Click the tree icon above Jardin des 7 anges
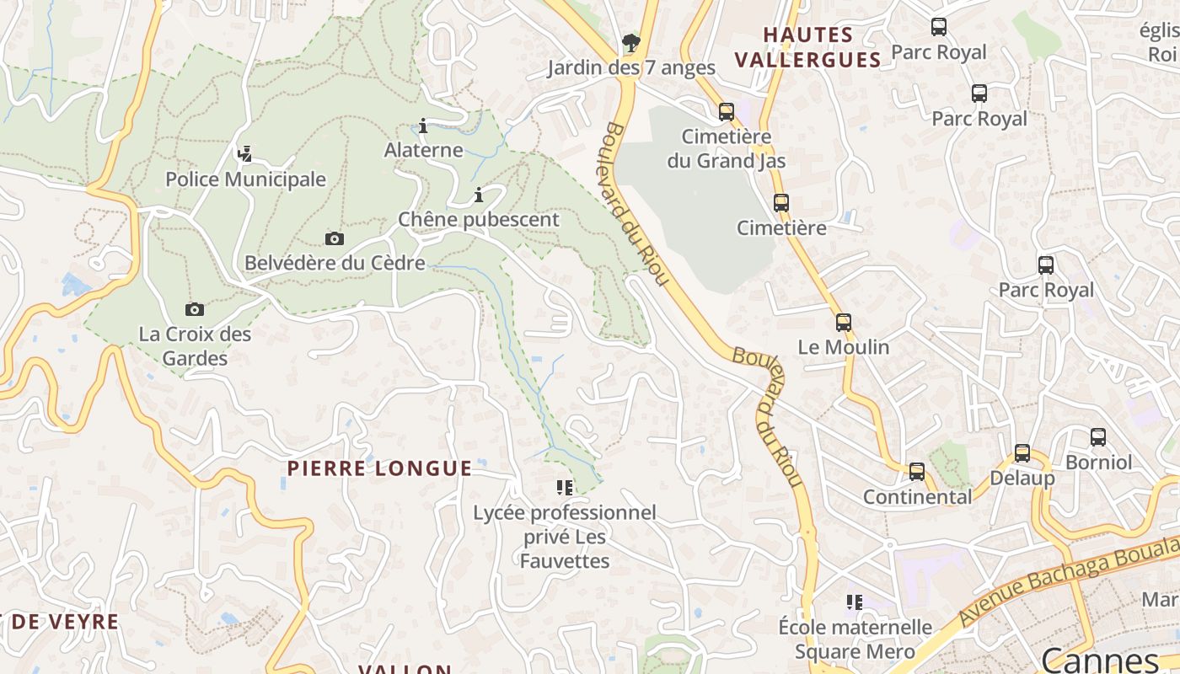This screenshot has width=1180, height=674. click(x=630, y=42)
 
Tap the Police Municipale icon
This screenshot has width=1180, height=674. click(x=244, y=154)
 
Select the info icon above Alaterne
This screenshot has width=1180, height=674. click(x=423, y=126)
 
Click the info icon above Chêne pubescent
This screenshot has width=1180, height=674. click(x=479, y=195)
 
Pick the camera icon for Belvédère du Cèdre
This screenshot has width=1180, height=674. click(x=335, y=239)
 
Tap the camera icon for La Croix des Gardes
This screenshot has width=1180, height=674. click(x=195, y=310)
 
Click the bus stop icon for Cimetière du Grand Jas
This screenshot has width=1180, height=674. click(x=726, y=111)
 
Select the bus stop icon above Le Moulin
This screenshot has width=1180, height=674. click(x=843, y=322)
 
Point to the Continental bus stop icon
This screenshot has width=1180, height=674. click(x=917, y=472)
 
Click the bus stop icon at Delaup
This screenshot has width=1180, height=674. click(x=1022, y=453)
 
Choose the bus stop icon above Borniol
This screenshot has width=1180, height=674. click(x=1098, y=437)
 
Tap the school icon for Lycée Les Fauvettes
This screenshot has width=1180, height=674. click(x=565, y=487)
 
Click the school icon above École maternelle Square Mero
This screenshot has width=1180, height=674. click(x=855, y=602)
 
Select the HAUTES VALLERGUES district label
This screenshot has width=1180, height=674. click(x=807, y=47)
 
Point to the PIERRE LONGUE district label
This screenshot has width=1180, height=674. click(x=379, y=468)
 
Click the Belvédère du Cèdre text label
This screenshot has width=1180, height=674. click(x=335, y=263)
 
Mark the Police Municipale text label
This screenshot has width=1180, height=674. click(x=245, y=179)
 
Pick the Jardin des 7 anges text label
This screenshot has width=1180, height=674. click(x=631, y=67)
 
